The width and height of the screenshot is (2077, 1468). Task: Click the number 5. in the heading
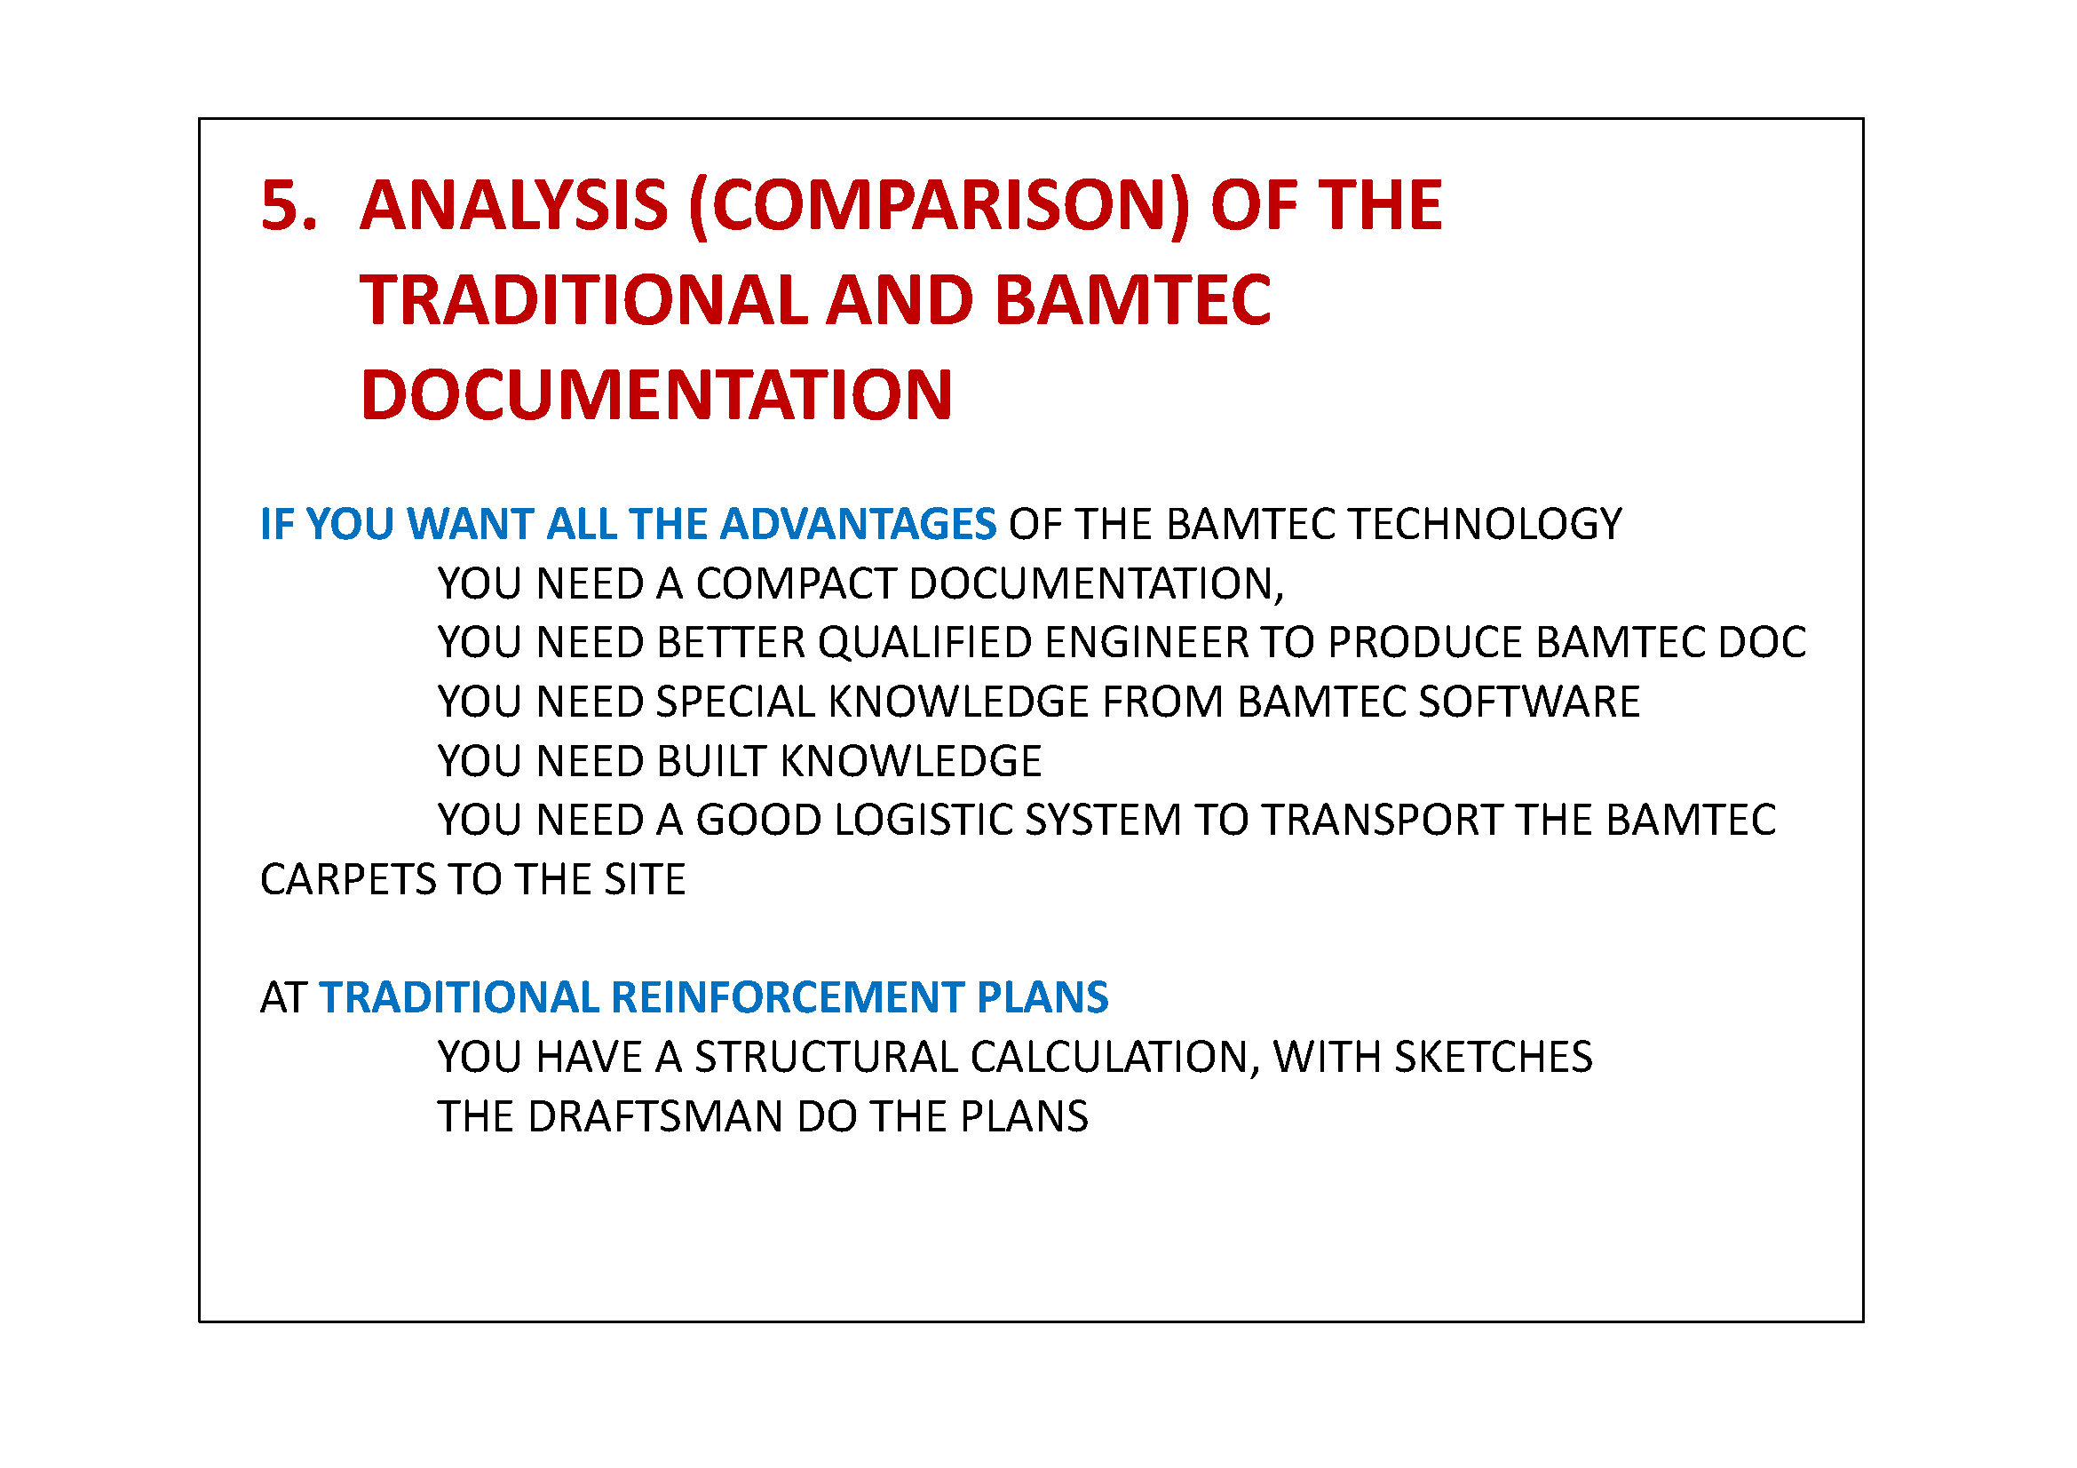pos(289,205)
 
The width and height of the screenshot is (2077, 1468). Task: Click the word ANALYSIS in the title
pos(514,205)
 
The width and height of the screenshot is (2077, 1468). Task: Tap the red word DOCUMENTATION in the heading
pos(656,395)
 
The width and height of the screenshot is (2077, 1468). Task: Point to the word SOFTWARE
pos(1529,702)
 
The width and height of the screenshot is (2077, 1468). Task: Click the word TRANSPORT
pos(1382,821)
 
